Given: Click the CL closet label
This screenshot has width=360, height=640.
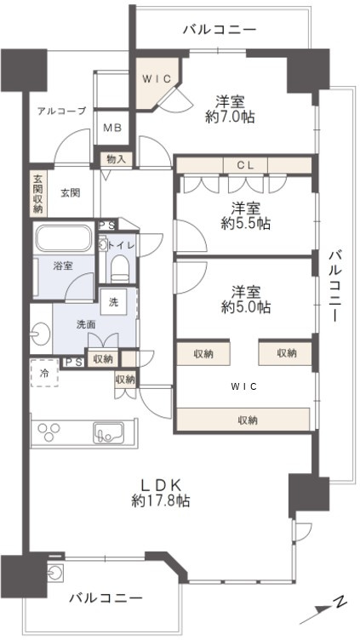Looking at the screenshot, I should [243, 164].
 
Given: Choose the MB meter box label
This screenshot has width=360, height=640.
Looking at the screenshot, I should [112, 129].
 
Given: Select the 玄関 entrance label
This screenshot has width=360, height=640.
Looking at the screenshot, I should [70, 193].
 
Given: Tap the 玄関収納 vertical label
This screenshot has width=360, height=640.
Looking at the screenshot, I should [38, 193].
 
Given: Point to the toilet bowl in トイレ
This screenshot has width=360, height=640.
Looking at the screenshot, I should [119, 269].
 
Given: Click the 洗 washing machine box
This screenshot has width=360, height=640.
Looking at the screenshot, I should [113, 300].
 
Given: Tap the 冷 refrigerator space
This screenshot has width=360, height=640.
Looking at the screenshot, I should [44, 372].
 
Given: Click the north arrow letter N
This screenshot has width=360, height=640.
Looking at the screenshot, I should [339, 603].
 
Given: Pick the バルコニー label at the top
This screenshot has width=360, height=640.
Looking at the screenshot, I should [219, 30].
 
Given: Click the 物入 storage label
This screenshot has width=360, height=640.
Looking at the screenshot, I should [117, 158].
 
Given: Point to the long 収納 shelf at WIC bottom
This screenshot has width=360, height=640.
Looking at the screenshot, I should [243, 419].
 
